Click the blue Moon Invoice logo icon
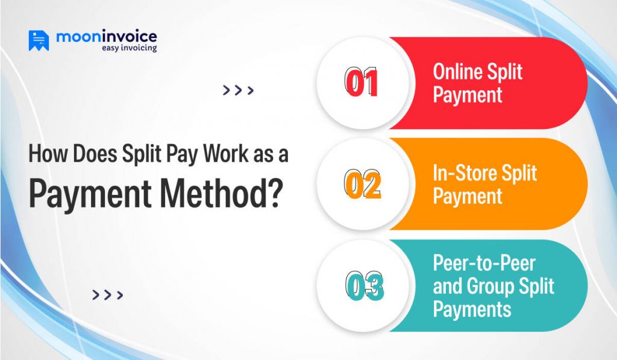click(x=39, y=40)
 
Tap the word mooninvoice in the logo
click(x=106, y=37)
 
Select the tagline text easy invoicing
click(x=128, y=48)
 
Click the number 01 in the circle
click(x=361, y=83)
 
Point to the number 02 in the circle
click(x=362, y=185)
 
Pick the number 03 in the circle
click(x=364, y=286)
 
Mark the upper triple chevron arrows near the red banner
click(x=238, y=90)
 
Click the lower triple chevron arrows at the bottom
click(x=108, y=295)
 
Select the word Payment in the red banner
click(x=468, y=95)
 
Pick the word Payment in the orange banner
click(x=468, y=196)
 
